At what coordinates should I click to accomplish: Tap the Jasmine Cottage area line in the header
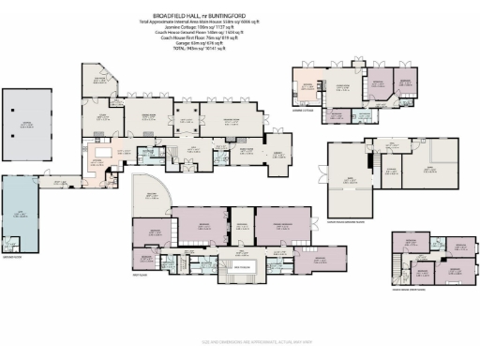[x=240, y=20]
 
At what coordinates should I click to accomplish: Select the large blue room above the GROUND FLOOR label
[x=22, y=217]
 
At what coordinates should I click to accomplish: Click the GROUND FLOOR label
[x=15, y=255]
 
